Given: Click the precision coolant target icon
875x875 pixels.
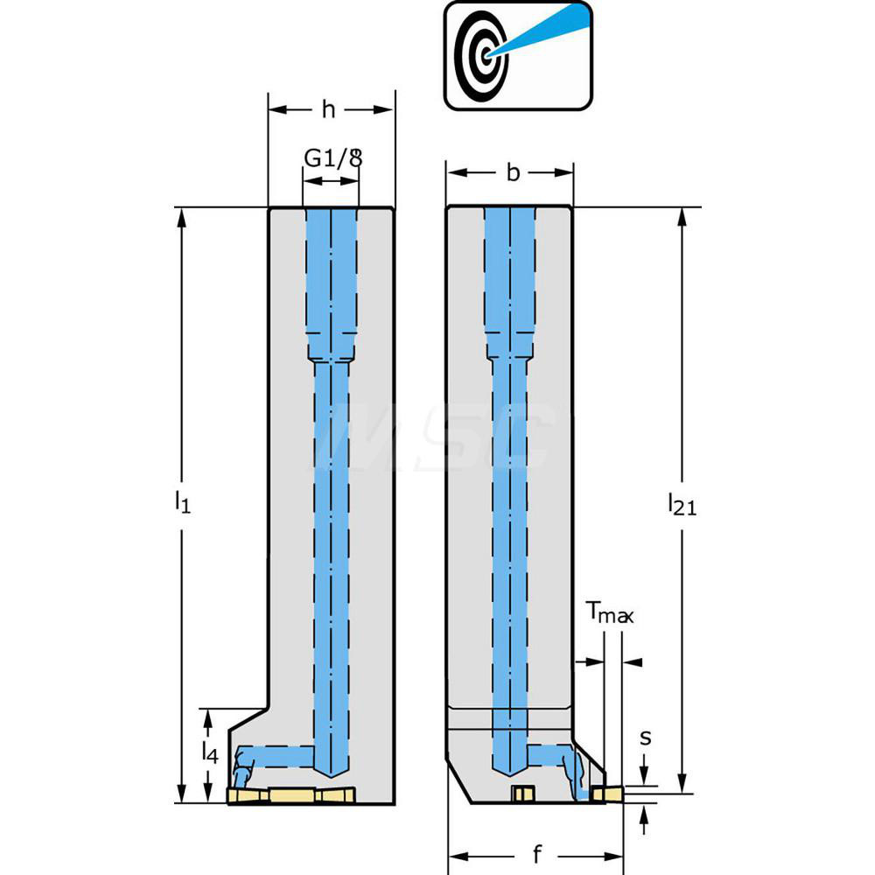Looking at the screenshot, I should click(518, 55).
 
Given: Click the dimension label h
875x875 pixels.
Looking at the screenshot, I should click(328, 109).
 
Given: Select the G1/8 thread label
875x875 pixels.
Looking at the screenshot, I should click(332, 157).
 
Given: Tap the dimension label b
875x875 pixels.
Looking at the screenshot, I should click(514, 172).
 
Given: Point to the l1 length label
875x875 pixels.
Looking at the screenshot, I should click(181, 501).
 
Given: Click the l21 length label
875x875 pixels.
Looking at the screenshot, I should click(682, 503).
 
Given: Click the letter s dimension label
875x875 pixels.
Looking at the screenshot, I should click(645, 737).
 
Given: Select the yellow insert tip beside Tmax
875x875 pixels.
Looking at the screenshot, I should click(607, 794).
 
